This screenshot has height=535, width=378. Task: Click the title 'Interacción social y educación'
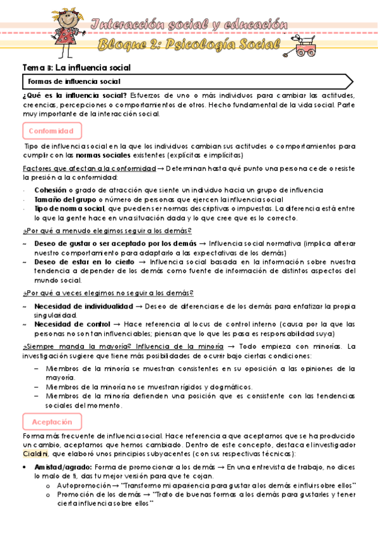click(x=189, y=25)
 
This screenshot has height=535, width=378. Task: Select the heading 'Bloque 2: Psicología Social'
click(x=189, y=45)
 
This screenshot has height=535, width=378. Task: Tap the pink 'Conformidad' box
click(x=52, y=131)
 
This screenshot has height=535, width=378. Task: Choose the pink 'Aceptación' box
click(x=52, y=421)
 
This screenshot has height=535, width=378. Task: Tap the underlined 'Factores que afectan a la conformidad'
click(x=89, y=168)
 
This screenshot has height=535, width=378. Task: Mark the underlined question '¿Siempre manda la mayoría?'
click(x=68, y=346)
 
